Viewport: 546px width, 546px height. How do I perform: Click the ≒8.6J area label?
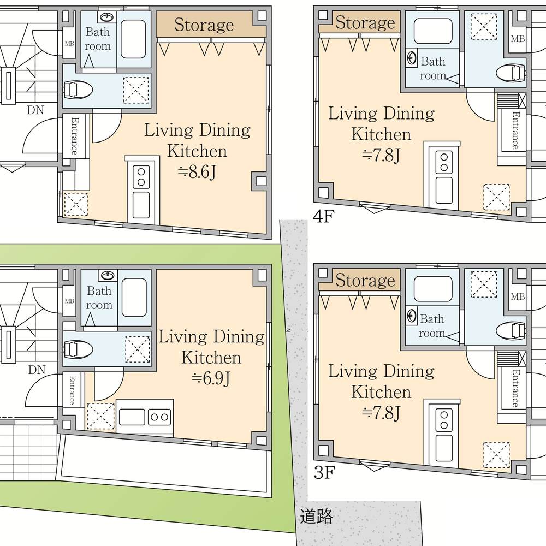click(197, 171)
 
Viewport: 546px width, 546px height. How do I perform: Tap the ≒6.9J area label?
click(211, 378)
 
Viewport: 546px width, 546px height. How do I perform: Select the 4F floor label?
click(323, 216)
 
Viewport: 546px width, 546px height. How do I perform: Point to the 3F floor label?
click(324, 472)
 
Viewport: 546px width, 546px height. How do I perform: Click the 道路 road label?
click(316, 516)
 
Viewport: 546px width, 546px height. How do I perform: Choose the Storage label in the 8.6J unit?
click(204, 25)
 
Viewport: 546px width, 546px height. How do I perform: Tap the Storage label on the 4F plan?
click(365, 22)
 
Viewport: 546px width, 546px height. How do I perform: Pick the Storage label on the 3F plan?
click(365, 280)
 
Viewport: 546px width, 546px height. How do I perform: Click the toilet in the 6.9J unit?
click(78, 349)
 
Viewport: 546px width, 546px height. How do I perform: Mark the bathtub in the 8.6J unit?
click(133, 39)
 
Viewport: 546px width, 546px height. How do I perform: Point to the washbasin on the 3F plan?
click(412, 316)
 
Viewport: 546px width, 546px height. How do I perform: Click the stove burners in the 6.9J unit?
click(159, 417)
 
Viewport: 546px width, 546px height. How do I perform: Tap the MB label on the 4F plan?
click(518, 39)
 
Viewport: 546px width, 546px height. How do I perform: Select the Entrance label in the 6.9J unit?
click(72, 390)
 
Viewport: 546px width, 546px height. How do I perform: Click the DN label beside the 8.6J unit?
click(35, 110)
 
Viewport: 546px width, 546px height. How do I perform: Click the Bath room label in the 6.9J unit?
click(99, 298)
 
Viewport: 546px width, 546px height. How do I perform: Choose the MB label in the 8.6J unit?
click(69, 44)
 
